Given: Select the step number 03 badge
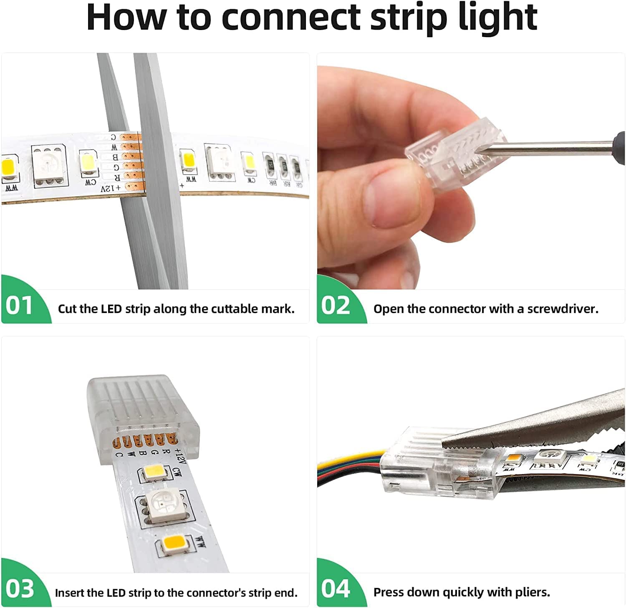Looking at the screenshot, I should tap(19, 589).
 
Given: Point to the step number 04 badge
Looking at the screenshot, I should tap(335, 589).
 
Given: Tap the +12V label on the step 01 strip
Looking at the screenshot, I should tap(110, 189).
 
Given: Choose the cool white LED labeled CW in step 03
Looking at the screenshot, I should tap(154, 472).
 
